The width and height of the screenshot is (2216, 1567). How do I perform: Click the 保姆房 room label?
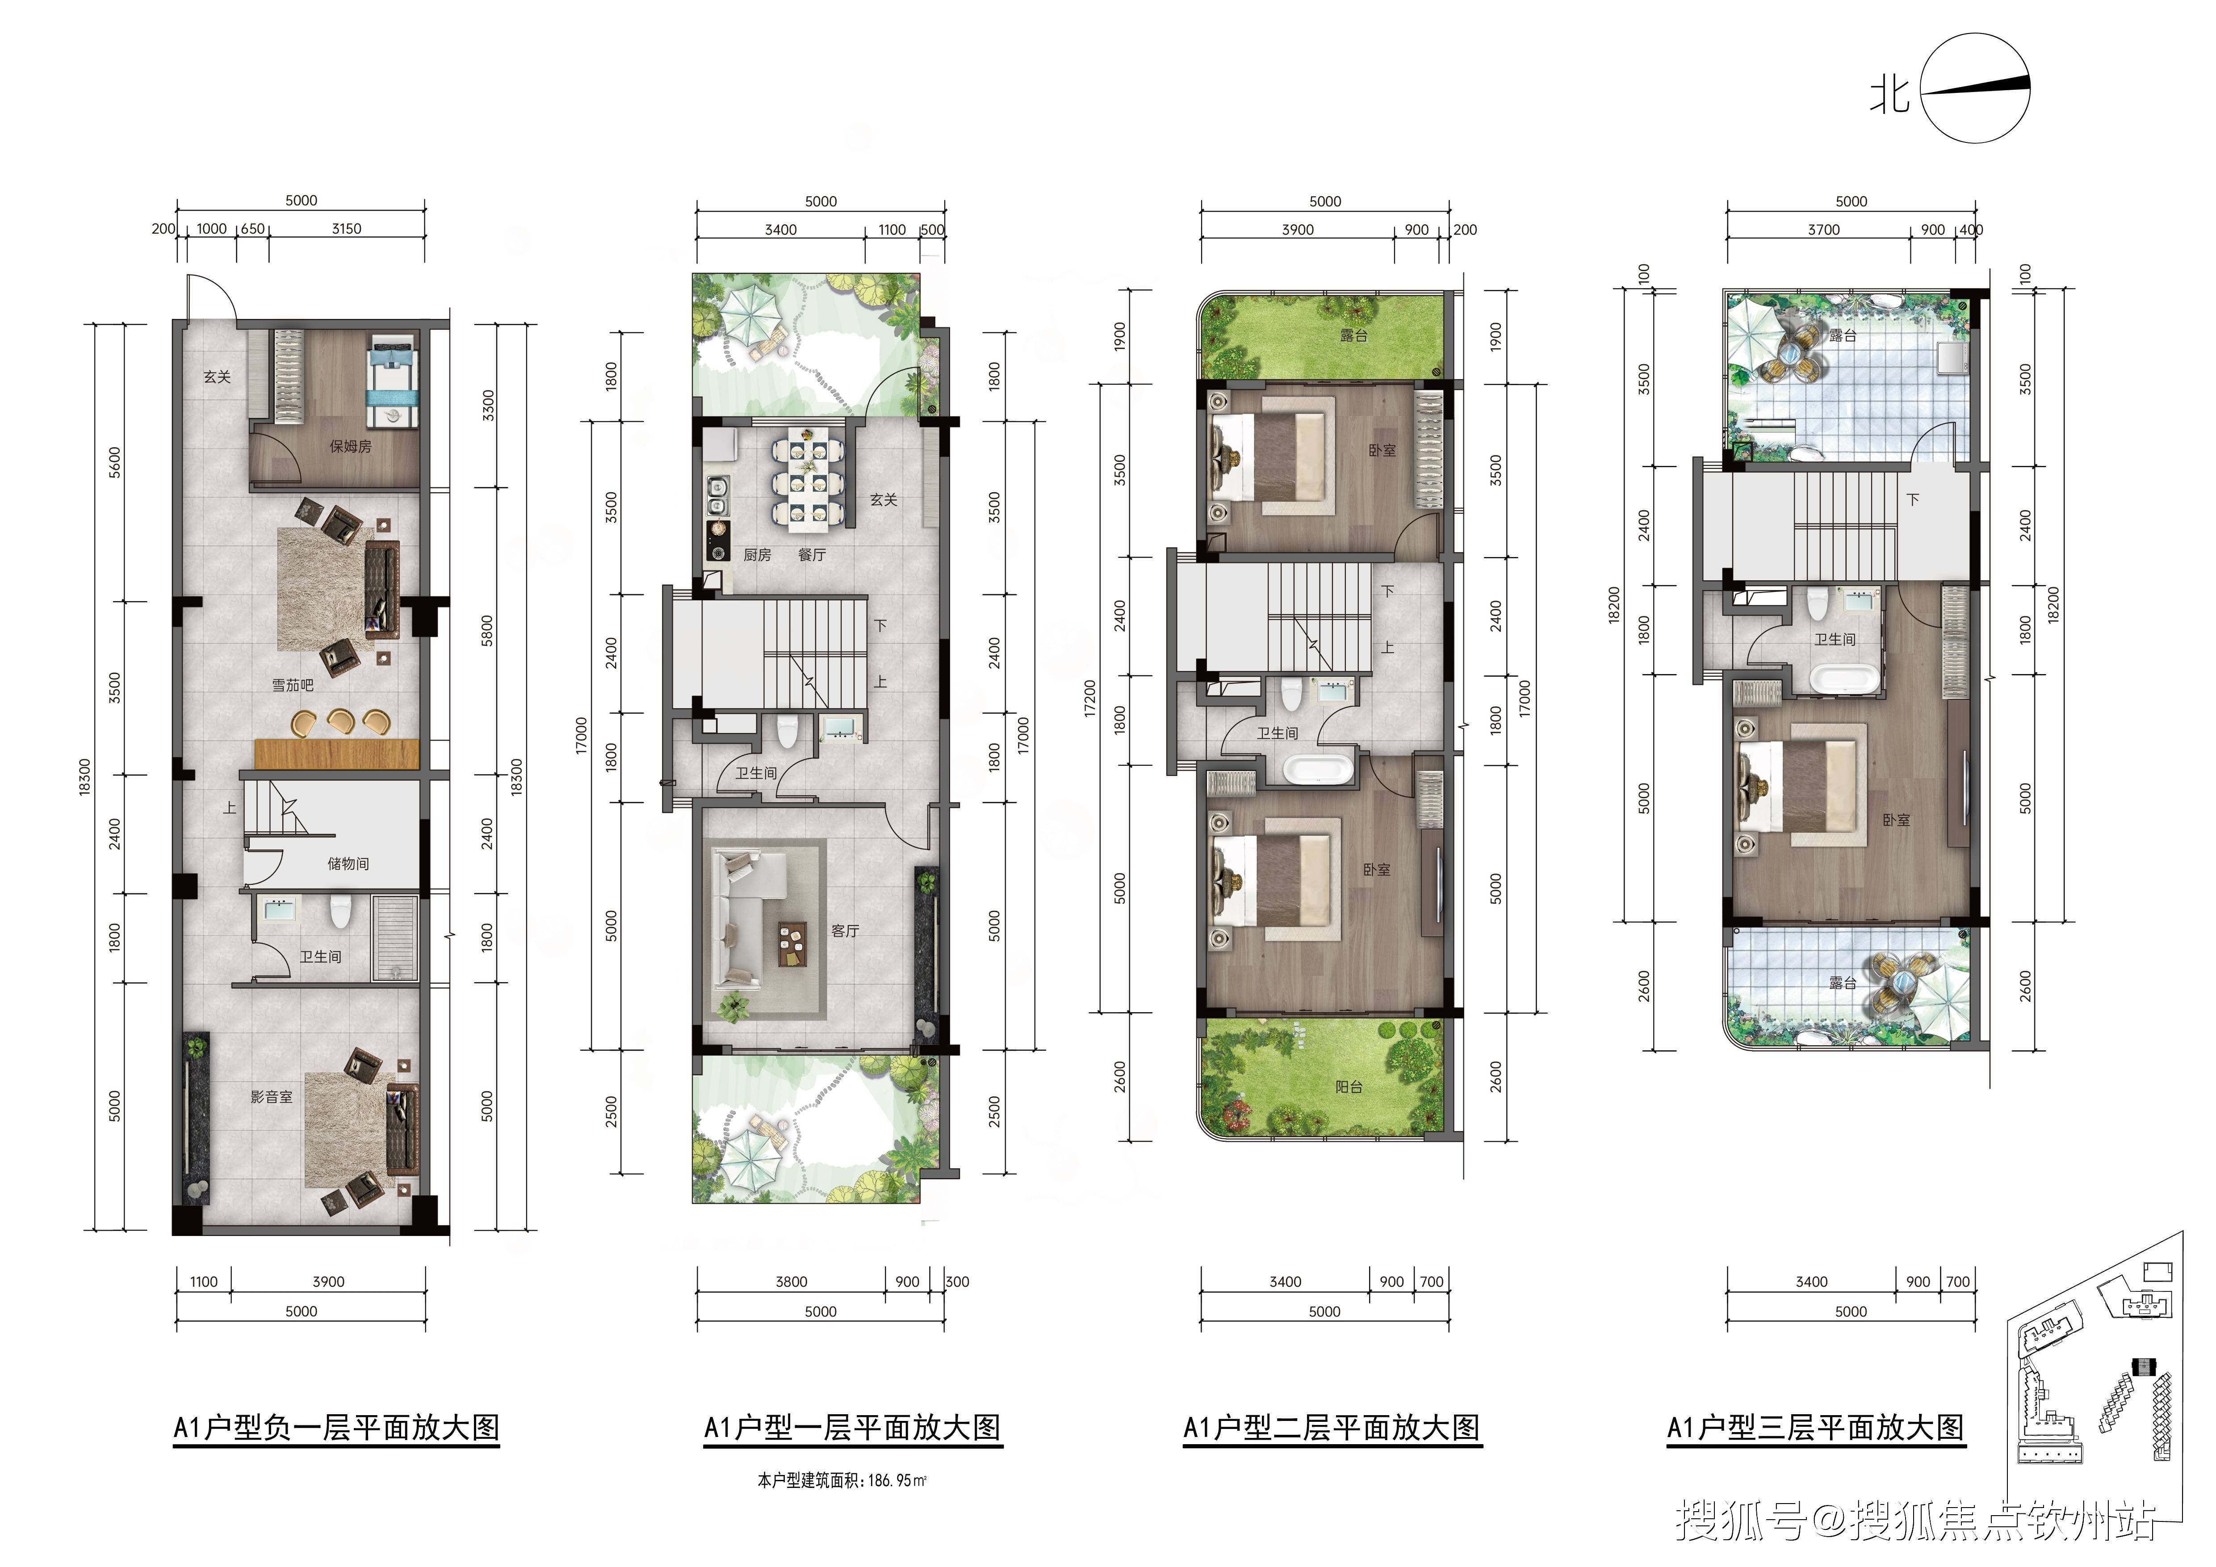click(x=350, y=447)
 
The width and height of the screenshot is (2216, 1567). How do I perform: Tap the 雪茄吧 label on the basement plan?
click(x=293, y=685)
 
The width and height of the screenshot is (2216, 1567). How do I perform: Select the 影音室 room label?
click(x=271, y=1097)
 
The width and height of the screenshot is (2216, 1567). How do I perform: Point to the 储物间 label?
click(x=348, y=863)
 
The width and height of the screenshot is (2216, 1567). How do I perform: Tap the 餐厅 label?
click(x=812, y=555)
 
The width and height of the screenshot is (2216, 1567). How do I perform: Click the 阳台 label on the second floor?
click(x=1349, y=1086)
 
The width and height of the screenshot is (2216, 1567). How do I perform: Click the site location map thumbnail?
click(x=2095, y=1390)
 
